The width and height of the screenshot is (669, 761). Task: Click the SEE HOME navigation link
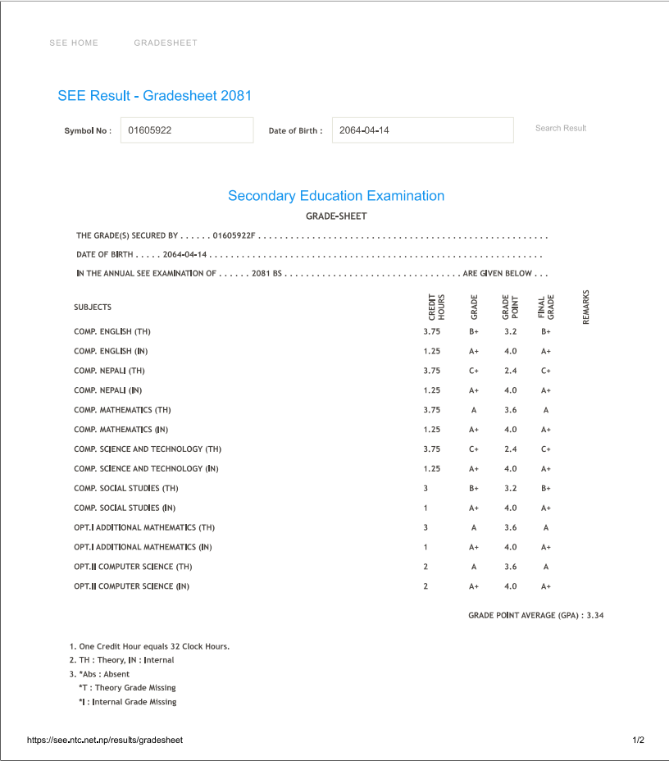pos(74,43)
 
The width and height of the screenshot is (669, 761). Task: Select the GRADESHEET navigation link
pos(166,43)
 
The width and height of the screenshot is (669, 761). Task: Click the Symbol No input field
pos(187,130)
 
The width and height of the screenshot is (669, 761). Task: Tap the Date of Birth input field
pos(422,130)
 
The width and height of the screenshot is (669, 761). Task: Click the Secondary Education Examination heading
pos(336,196)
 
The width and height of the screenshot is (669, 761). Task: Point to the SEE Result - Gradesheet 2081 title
pos(154,96)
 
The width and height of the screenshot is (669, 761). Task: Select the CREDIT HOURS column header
pos(436,307)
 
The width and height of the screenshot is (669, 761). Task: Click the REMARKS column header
pos(586,307)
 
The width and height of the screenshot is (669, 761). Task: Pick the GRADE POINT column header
pos(510,307)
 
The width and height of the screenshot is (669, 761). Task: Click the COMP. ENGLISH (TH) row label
pos(112,332)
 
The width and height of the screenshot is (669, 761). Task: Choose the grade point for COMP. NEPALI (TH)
pos(511,371)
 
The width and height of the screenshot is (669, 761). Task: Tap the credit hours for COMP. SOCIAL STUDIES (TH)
pos(426,488)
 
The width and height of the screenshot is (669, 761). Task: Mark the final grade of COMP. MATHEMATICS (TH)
pos(546,410)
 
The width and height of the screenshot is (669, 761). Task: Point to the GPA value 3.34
pos(596,615)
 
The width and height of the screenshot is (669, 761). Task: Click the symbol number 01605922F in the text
pos(234,236)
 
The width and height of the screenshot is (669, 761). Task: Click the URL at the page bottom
pos(105,740)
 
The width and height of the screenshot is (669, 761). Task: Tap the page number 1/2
pos(638,740)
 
